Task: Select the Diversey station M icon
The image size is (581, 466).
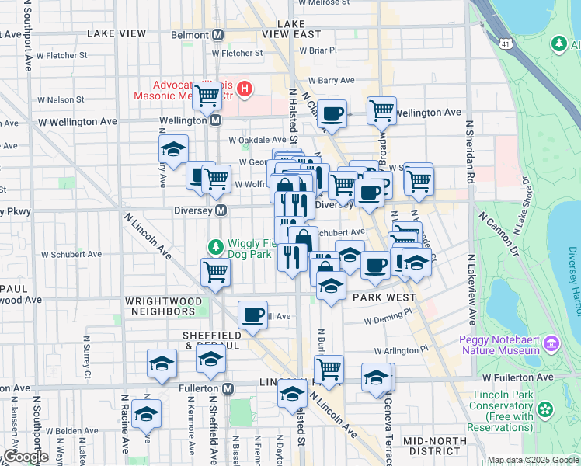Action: [221, 210]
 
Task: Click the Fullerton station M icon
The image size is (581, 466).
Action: [228, 388]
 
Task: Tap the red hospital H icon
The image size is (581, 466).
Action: [245, 89]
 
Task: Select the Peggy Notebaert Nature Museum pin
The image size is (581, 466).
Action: [551, 343]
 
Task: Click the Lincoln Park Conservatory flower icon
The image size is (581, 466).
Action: [546, 409]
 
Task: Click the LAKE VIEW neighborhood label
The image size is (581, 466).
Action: [117, 33]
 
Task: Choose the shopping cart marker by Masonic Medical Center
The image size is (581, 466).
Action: [207, 96]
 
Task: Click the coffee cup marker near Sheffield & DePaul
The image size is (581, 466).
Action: [252, 315]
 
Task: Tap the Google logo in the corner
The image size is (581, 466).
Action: [26, 457]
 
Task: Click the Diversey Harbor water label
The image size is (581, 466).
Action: [572, 281]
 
